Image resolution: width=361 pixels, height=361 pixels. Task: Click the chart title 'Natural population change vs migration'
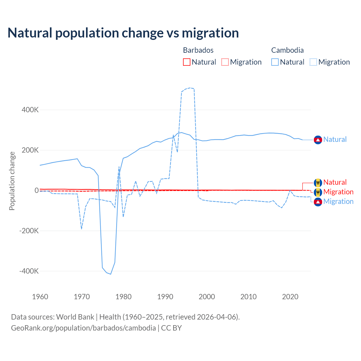(x=123, y=33)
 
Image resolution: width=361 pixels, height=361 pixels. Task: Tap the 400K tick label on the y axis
(x=30, y=110)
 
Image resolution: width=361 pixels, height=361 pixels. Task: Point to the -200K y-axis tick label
(x=29, y=231)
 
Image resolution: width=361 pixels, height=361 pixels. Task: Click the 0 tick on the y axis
(x=36, y=190)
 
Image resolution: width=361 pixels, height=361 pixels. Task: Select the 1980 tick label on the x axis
(x=124, y=297)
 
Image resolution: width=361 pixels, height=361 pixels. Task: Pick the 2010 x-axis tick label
(x=248, y=297)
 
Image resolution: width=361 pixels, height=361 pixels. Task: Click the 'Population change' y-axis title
(x=12, y=181)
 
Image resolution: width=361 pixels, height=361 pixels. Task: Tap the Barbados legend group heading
(x=198, y=50)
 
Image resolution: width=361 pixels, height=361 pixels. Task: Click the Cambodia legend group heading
(x=287, y=50)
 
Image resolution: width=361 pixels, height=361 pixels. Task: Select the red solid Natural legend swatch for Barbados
(x=187, y=62)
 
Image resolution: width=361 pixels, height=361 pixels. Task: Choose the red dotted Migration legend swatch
(x=225, y=62)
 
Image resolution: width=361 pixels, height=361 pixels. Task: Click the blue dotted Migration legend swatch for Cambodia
(x=313, y=62)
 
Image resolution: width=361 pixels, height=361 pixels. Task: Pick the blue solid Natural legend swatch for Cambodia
(x=275, y=62)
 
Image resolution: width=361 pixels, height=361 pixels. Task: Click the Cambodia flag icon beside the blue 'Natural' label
(x=318, y=140)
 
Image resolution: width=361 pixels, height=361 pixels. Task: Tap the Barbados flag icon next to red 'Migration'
(x=318, y=192)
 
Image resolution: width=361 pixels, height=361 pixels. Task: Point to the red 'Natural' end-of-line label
(x=335, y=182)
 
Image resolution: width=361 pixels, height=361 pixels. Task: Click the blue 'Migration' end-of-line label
(x=338, y=201)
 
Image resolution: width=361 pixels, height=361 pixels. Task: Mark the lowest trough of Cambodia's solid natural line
(x=111, y=274)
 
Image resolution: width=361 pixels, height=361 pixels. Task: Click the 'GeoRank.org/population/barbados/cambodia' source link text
(x=83, y=328)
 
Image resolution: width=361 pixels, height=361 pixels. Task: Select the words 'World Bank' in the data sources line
(x=75, y=317)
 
